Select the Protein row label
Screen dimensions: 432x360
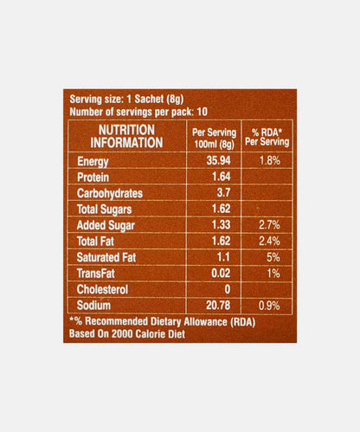point(93,177)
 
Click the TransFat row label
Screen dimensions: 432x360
point(96,273)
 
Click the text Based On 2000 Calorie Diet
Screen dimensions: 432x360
point(135,332)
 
